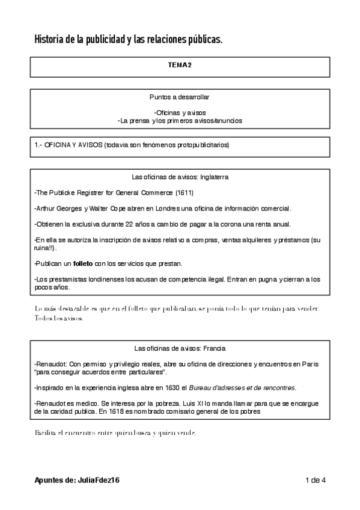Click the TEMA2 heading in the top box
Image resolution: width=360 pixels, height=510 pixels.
point(180,66)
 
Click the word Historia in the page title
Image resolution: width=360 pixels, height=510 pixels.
point(50,40)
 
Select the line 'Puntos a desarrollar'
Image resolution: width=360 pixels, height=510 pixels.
point(180,97)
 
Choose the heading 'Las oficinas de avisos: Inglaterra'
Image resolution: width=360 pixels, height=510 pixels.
point(180,177)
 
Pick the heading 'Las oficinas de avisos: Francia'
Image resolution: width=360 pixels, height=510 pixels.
point(180,348)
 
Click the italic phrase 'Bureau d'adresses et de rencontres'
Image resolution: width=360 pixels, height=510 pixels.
point(245,387)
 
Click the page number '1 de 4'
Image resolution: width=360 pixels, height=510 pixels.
point(315,480)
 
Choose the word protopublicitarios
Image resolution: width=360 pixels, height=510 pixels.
point(201,146)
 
